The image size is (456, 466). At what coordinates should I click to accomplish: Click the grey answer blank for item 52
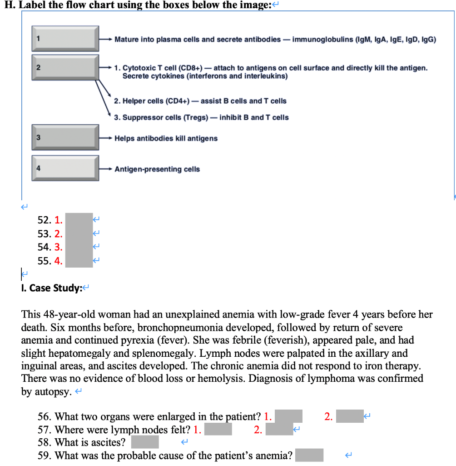pyautogui.click(x=79, y=220)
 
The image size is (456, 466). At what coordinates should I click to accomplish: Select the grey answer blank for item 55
pyautogui.click(x=79, y=261)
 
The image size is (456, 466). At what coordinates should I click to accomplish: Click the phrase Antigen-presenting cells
pyautogui.click(x=157, y=169)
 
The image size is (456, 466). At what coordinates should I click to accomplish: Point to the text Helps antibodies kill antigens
pyautogui.click(x=166, y=138)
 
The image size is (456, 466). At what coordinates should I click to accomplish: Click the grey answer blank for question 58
pyautogui.click(x=145, y=442)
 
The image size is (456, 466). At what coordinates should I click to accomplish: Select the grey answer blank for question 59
pyautogui.click(x=309, y=455)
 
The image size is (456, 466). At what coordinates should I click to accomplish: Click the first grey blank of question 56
pyautogui.click(x=288, y=416)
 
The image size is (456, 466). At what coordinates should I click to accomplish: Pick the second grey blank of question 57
pyautogui.click(x=279, y=429)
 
